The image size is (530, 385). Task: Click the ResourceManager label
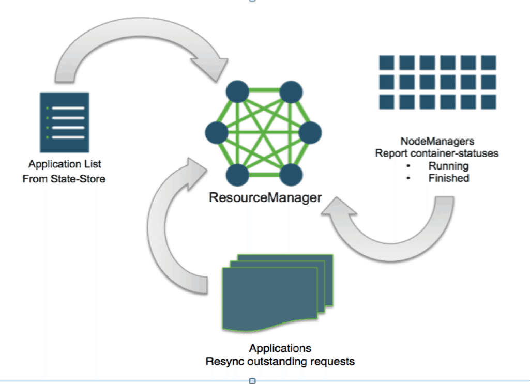[x=265, y=197]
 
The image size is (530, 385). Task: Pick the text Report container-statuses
[x=437, y=153]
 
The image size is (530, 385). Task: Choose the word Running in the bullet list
[x=448, y=166]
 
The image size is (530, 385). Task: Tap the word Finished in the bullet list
[x=448, y=178]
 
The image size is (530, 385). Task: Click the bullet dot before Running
[x=408, y=166]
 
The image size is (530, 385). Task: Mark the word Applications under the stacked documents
[x=280, y=348]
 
